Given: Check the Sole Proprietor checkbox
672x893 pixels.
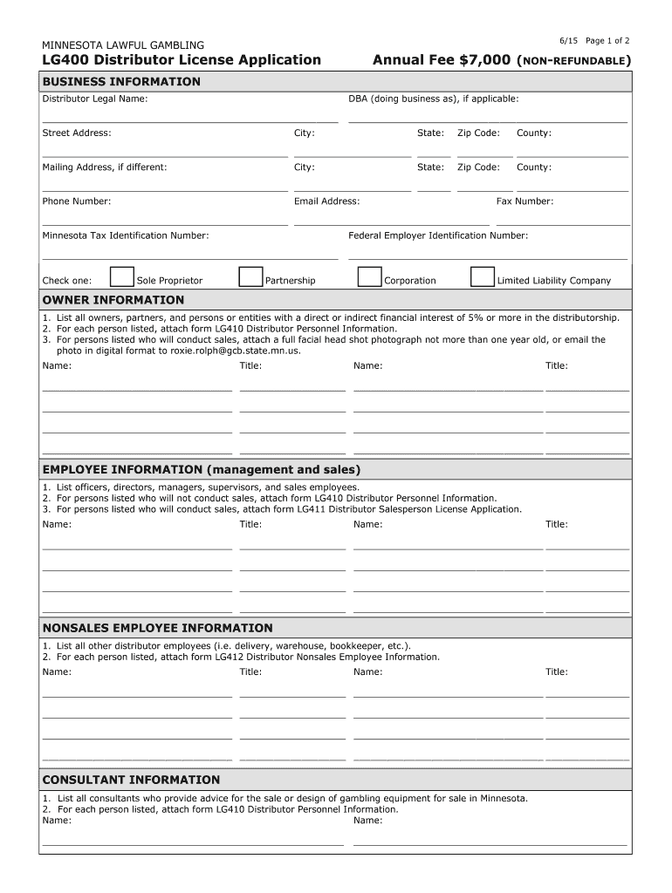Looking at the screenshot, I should tap(122, 277).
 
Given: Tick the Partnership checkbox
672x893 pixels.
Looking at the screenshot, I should tap(250, 277).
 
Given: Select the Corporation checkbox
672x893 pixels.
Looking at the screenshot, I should tap(369, 277).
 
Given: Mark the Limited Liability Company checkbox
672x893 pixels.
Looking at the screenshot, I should tap(482, 277).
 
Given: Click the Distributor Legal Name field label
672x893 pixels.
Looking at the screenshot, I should tap(95, 99).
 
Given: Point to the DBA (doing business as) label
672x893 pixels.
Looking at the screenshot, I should tap(434, 99).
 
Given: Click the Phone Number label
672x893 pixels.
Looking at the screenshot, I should tap(77, 201).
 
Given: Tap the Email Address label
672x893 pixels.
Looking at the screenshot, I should tap(326, 201).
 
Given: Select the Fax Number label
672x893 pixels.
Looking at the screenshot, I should tap(525, 201).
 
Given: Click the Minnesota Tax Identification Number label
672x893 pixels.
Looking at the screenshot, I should tap(126, 235).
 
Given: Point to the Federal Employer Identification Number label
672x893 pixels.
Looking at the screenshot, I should tap(438, 235).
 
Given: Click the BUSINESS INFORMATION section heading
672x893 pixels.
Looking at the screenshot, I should tap(121, 82).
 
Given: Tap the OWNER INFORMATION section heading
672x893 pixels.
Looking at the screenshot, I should tap(113, 300).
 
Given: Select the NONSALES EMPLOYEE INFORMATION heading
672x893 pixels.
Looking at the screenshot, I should tap(157, 628).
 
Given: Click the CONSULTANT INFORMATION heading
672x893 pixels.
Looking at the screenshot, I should tap(131, 780).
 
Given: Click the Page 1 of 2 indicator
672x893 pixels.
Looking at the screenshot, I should tap(607, 41).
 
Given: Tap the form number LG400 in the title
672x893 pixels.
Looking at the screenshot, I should tap(65, 60).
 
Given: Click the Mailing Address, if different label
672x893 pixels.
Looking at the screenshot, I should tap(105, 167).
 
